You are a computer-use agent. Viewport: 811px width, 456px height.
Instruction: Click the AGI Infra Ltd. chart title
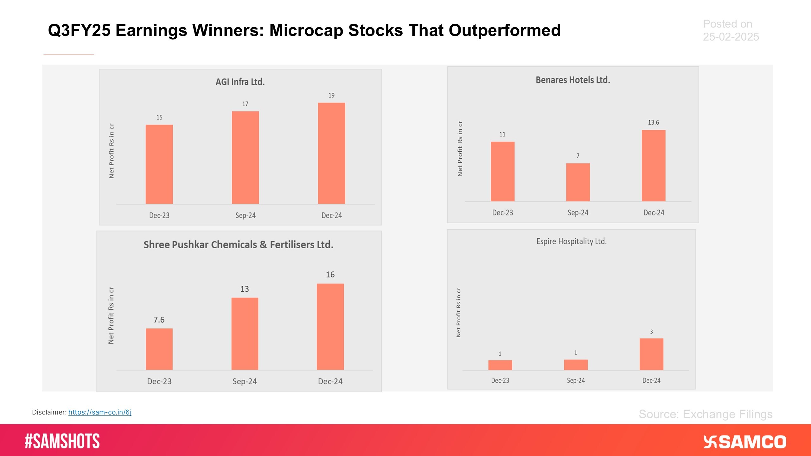[240, 82]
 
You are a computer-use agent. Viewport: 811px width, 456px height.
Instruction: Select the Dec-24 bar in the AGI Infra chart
[331, 153]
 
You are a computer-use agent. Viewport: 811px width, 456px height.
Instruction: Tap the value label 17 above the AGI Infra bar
[245, 104]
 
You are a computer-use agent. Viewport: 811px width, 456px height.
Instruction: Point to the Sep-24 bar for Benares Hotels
[578, 182]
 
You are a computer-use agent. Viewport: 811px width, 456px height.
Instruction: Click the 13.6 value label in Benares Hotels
[653, 123]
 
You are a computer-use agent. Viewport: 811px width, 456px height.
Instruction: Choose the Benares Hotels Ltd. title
[573, 80]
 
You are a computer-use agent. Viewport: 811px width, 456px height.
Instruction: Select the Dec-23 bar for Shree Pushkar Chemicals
[159, 349]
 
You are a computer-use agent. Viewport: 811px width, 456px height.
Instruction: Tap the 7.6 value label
[159, 320]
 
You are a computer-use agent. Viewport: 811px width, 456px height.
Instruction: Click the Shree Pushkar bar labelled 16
[330, 326]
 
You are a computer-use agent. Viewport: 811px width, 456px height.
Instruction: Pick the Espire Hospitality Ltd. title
[572, 241]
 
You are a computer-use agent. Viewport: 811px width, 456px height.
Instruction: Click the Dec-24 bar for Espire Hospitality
[651, 354]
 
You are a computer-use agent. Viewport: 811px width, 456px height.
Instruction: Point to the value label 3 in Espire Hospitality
[651, 332]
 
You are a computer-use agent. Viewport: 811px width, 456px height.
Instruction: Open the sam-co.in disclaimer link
[100, 412]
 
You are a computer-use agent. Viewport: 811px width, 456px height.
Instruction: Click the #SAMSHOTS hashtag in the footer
[62, 441]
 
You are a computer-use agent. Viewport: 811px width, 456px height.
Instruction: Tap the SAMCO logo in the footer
[745, 442]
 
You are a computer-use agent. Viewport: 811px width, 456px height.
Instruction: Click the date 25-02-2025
[731, 37]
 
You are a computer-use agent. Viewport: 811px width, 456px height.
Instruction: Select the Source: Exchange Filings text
[706, 414]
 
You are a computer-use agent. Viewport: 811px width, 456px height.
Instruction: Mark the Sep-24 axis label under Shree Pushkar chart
[245, 381]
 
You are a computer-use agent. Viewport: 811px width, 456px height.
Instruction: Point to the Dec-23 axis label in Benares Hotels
[502, 213]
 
